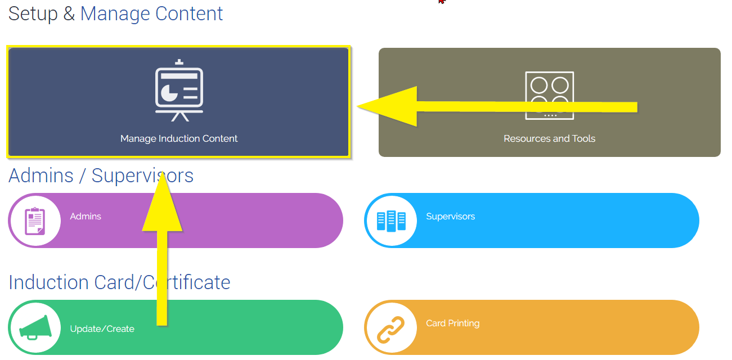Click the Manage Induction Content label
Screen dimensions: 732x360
[x=179, y=138]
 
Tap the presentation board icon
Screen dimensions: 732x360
[x=179, y=90]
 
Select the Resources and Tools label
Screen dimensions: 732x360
[x=549, y=138]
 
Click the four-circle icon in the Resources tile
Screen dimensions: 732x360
[x=549, y=96]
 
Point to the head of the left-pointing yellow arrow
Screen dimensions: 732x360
[x=357, y=106]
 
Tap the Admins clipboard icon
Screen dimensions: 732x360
[x=35, y=221]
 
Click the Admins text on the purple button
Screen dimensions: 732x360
[x=86, y=216]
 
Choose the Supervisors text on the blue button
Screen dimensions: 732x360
[x=450, y=216]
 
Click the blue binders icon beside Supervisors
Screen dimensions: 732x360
[x=391, y=221]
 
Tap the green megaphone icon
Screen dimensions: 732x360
[x=35, y=327]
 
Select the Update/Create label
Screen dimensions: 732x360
[x=102, y=328]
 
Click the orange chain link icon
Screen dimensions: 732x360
[x=391, y=330]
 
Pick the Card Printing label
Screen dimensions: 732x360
[x=452, y=323]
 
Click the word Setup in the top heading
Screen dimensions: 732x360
[x=33, y=14]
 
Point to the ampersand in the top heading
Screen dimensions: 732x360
[x=69, y=13]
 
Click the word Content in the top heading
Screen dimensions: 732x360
[x=189, y=13]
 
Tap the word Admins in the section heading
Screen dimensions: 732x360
[x=41, y=175]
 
